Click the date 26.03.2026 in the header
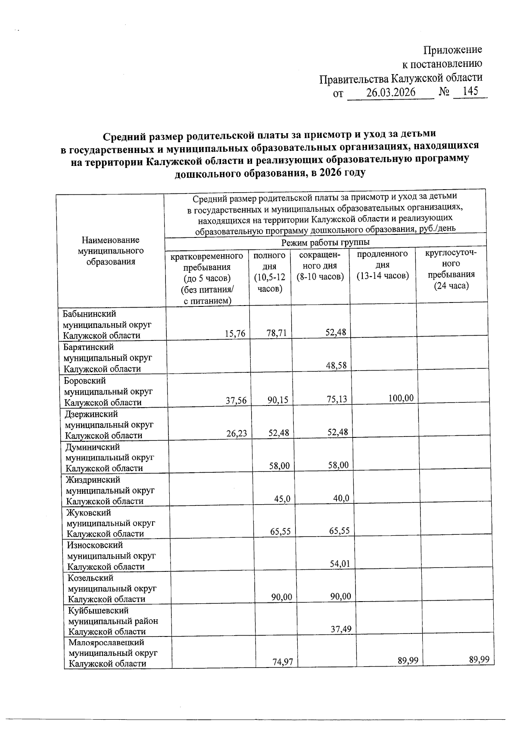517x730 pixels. coord(390,93)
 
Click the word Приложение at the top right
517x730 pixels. coord(453,50)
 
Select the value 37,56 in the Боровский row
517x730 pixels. coord(236,401)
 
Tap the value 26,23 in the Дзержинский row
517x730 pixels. coord(237,434)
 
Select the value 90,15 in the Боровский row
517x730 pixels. coord(277,400)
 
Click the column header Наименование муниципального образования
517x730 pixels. coord(111,251)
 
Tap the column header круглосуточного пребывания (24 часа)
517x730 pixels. coord(451,269)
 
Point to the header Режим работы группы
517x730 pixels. coord(325,243)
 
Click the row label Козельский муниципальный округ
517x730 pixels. coord(112,588)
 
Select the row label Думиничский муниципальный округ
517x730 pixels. coord(109,458)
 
